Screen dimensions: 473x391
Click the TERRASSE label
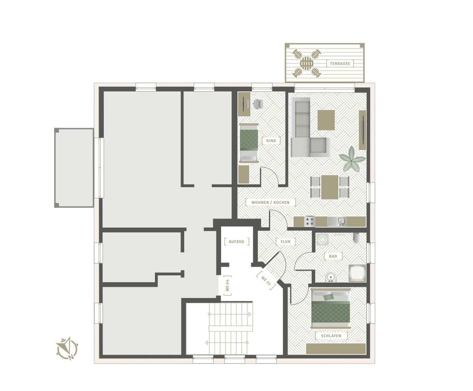[340, 63]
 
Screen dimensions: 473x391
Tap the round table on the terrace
[307, 63]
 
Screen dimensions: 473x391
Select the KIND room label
[271, 141]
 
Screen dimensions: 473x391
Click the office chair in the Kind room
[257, 104]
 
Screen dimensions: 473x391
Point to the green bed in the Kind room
[249, 143]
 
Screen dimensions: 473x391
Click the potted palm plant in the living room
[352, 159]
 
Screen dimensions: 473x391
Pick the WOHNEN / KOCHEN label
[270, 202]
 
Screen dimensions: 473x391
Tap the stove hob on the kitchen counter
[309, 221]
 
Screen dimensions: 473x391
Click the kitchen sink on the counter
[337, 221]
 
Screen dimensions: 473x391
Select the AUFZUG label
[236, 242]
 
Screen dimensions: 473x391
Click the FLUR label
[285, 242]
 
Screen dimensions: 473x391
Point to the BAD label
[333, 256]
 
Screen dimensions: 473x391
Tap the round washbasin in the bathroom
[331, 278]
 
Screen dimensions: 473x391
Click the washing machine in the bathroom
[322, 239]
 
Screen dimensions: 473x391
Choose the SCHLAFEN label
[331, 336]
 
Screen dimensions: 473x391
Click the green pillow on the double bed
[328, 297]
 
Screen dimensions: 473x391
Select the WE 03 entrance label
[266, 281]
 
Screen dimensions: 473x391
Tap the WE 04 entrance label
[227, 285]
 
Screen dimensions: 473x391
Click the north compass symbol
[67, 348]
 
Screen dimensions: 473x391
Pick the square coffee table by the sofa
[326, 120]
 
